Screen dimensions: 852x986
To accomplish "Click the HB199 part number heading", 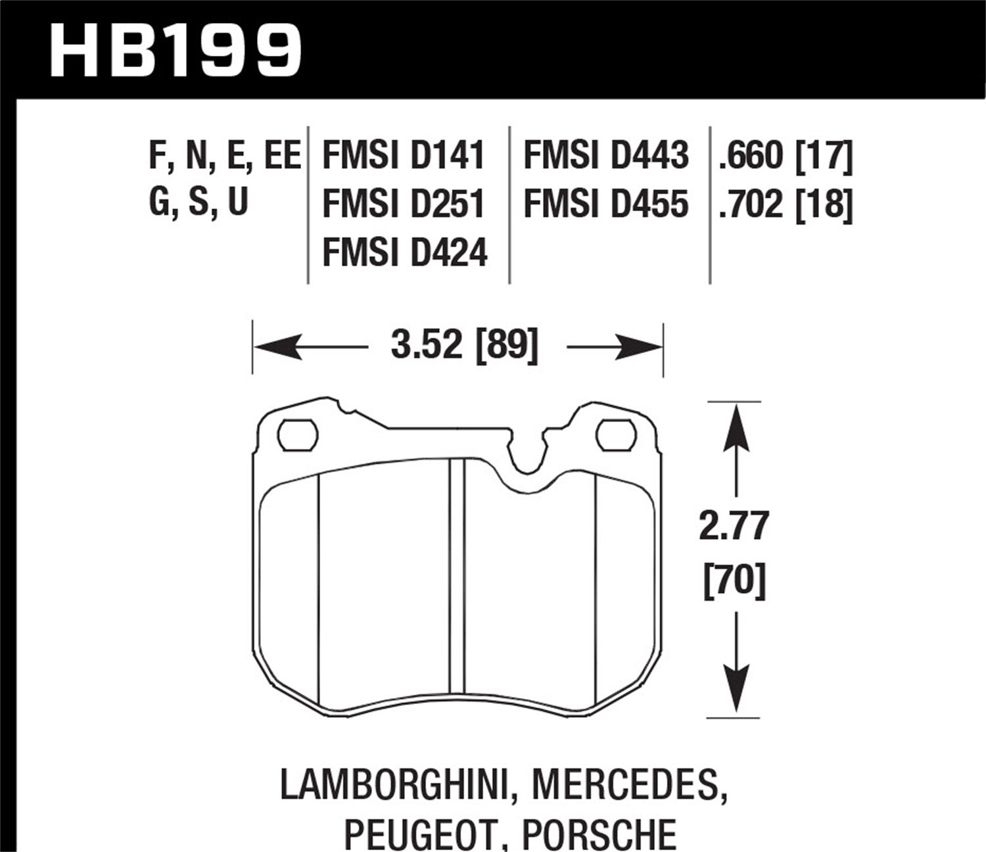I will [x=176, y=50].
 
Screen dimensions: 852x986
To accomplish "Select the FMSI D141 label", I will [x=404, y=156].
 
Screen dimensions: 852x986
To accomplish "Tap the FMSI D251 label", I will [x=404, y=204].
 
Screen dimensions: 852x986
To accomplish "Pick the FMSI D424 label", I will [x=405, y=252].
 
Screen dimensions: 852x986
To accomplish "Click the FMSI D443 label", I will [x=605, y=156].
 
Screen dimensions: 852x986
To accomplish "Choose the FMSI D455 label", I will [x=605, y=204].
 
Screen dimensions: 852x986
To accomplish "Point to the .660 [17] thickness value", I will [x=786, y=156].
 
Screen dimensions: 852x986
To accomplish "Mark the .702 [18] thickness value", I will [x=786, y=204].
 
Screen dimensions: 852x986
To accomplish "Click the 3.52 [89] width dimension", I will [x=464, y=346].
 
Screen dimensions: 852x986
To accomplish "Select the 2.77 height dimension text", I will [x=734, y=527].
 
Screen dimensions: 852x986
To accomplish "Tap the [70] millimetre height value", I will [x=734, y=582].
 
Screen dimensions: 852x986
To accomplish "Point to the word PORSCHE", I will [x=599, y=834].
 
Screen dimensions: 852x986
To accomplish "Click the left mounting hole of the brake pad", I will [x=298, y=435].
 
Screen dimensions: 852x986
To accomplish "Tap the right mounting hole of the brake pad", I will [x=615, y=435].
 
